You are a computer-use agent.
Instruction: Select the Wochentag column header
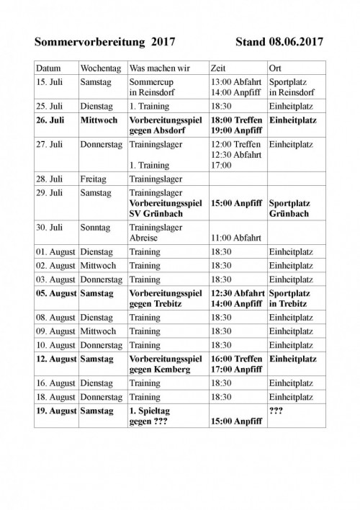click(x=101, y=67)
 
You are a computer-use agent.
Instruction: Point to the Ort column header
click(x=274, y=67)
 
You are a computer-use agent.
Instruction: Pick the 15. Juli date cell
click(x=49, y=81)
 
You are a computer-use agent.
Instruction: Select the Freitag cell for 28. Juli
click(x=96, y=177)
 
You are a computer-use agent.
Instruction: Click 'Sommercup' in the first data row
click(x=152, y=81)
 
